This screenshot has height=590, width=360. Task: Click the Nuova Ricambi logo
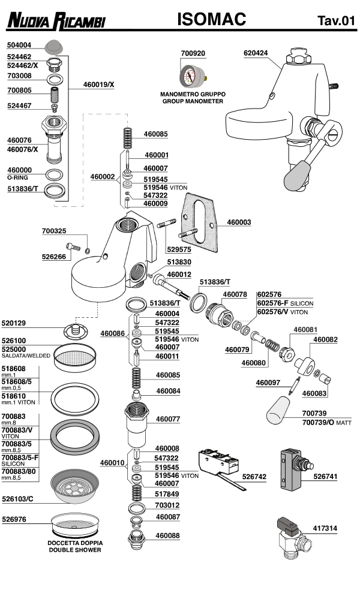(x=56, y=22)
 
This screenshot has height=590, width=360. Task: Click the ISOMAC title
(x=212, y=20)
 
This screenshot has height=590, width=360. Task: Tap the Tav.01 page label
(x=336, y=22)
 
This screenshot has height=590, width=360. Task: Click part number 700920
(x=193, y=53)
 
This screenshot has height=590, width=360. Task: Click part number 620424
(x=256, y=53)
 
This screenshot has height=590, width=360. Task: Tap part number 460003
(x=239, y=222)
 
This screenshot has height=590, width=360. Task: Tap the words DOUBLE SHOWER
(x=75, y=550)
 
